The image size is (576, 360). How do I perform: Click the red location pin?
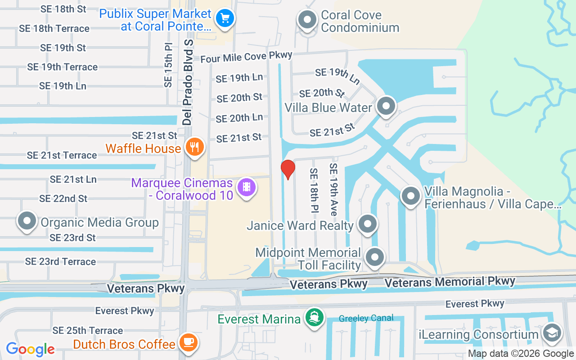tap(288, 169)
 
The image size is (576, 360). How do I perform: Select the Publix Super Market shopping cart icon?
tap(224, 18)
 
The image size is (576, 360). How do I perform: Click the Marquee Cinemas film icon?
tap(246, 186)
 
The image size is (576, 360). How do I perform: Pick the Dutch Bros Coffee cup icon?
tap(188, 342)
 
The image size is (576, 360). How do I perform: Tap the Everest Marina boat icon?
tap(314, 318)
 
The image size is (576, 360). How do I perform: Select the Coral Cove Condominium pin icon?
tap(307, 20)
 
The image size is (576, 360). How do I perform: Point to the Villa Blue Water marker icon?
tap(385, 106)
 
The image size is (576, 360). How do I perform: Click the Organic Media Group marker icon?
tap(27, 221)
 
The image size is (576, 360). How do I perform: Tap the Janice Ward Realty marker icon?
tap(367, 223)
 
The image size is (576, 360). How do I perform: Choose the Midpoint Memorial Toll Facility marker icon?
tap(374, 258)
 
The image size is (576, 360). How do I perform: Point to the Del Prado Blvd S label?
tap(188, 82)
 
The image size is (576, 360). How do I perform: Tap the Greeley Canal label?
tap(366, 318)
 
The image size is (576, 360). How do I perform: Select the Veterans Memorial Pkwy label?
tap(450, 282)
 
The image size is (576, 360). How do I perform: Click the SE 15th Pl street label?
tap(168, 65)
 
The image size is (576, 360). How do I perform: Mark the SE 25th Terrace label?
tap(87, 331)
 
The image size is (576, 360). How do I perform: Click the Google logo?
tap(30, 349)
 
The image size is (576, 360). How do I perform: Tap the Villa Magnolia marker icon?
tap(410, 196)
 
